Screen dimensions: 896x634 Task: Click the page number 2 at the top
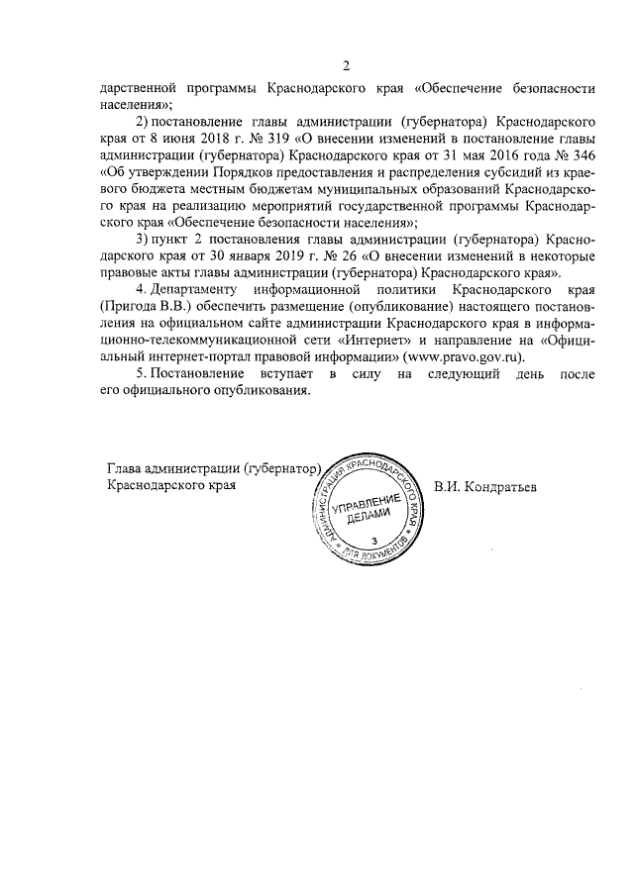coord(347,67)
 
